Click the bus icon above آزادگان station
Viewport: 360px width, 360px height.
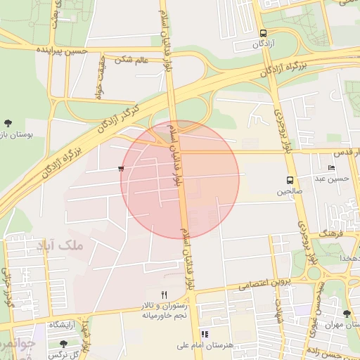pyautogui.click(x=263, y=33)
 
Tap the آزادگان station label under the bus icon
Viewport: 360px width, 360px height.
pyautogui.click(x=263, y=44)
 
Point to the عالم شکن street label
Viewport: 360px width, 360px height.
pyautogui.click(x=134, y=60)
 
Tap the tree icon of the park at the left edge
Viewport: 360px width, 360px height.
pyautogui.click(x=8, y=124)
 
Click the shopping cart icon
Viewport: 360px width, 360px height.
pyautogui.click(x=122, y=169)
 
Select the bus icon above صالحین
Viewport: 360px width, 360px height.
pyautogui.click(x=290, y=180)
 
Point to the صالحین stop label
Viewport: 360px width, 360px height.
pyautogui.click(x=290, y=191)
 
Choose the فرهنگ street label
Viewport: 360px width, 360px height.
pyautogui.click(x=330, y=231)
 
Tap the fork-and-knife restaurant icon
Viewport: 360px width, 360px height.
pyautogui.click(x=165, y=295)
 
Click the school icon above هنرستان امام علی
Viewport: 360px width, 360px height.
pyautogui.click(x=205, y=334)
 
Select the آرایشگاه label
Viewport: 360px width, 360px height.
pyautogui.click(x=63, y=326)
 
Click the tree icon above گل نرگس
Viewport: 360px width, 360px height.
pyautogui.click(x=64, y=344)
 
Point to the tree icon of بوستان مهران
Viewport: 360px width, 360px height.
pyautogui.click(x=346, y=314)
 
